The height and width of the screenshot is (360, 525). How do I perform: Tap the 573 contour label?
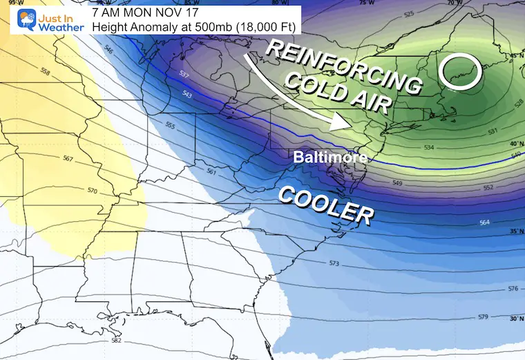[334, 264]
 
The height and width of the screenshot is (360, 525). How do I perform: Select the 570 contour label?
[93, 189]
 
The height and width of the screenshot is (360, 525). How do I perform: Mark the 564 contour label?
[484, 222]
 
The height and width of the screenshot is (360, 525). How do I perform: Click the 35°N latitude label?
[515, 231]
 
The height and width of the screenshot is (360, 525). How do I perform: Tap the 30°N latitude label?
[515, 319]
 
